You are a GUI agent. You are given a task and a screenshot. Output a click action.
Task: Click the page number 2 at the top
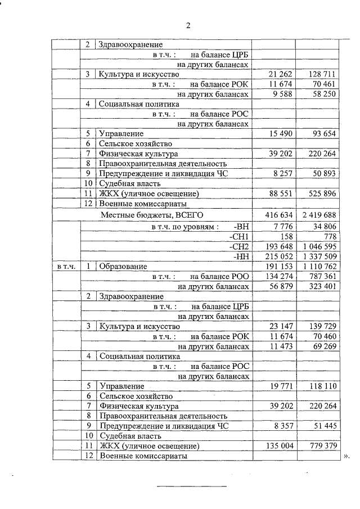point(188,25)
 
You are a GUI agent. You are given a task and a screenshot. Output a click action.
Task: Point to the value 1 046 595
point(319,246)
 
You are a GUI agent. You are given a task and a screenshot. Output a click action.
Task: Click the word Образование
point(123,266)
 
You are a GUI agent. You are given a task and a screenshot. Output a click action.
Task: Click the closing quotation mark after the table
point(346,457)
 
